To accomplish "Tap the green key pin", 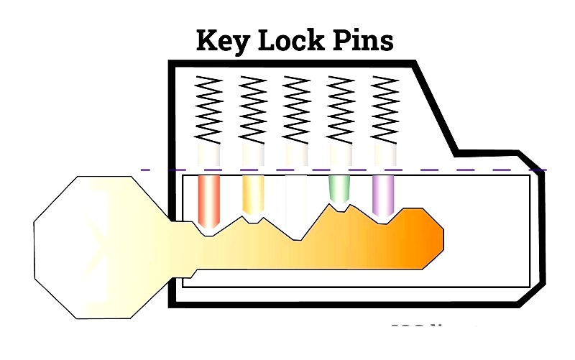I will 339,188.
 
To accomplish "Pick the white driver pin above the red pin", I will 208,155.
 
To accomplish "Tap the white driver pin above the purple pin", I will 383,155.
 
